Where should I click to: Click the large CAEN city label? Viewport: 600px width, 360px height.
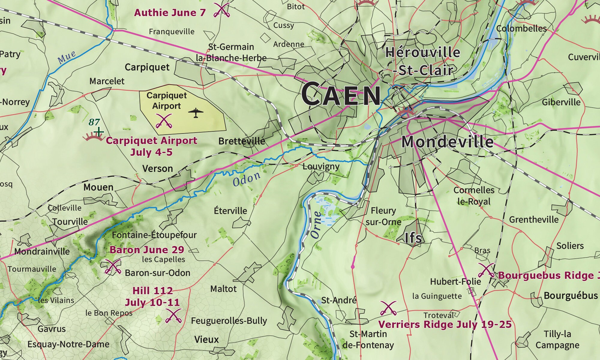click(x=341, y=94)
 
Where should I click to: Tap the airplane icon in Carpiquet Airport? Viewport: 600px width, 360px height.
click(x=196, y=112)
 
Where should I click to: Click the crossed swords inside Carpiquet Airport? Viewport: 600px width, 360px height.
click(x=164, y=121)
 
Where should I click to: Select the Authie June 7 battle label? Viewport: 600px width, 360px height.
click(x=170, y=13)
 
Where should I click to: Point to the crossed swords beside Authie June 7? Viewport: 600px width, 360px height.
click(x=222, y=10)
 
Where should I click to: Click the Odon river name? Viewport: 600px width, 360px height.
click(x=246, y=179)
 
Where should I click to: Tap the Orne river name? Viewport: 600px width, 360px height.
click(x=317, y=225)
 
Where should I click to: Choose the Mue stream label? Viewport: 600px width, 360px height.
click(x=67, y=57)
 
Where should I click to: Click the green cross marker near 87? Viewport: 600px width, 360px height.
click(x=99, y=131)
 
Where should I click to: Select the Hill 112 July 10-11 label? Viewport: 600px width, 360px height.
click(x=152, y=296)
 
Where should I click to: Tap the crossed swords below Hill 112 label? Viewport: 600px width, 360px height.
click(x=173, y=316)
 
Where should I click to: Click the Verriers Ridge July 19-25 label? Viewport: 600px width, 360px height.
click(x=445, y=324)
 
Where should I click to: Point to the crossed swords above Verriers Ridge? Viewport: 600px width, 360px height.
click(x=388, y=308)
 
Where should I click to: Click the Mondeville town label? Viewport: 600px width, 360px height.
click(x=447, y=142)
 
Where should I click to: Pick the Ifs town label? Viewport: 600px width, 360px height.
click(x=413, y=238)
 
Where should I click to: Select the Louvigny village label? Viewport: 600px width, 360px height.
click(x=321, y=166)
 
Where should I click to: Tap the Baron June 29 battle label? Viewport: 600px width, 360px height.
click(x=147, y=250)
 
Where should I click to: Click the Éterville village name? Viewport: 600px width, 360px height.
click(x=230, y=211)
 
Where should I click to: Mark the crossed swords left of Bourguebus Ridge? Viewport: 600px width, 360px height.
click(x=486, y=270)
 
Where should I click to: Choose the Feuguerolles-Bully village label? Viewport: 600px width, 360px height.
click(x=229, y=321)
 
